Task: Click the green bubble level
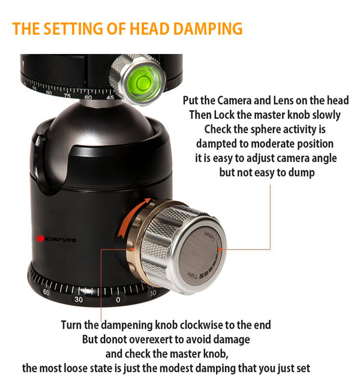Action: pyautogui.click(x=142, y=81)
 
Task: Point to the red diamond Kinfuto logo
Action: pyautogui.click(x=40, y=238)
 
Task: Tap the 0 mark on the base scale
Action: pyautogui.click(x=118, y=299)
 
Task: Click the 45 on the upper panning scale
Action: pyautogui.click(x=110, y=97)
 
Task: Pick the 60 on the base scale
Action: pyautogui.click(x=46, y=292)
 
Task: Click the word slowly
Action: pyautogui.click(x=326, y=115)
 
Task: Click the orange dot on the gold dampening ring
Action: pyautogui.click(x=132, y=249)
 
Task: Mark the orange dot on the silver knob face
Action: pyautogui.click(x=220, y=249)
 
